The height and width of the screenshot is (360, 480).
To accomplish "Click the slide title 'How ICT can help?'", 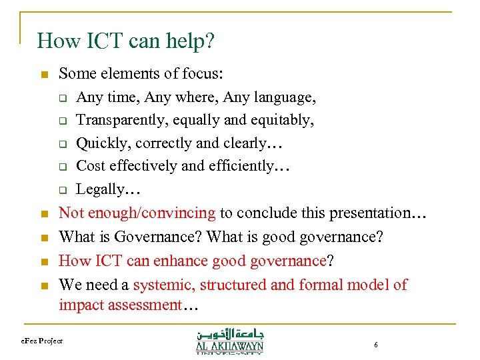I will tap(126, 41).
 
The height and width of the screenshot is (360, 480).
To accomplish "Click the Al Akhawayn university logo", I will tap(229, 340).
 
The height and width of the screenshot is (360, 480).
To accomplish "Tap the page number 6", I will tap(376, 345).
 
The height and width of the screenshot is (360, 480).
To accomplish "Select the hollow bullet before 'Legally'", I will tap(61, 189).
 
